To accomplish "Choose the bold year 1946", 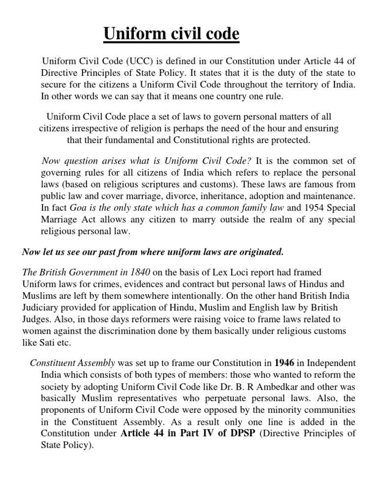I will pyautogui.click(x=284, y=363).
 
